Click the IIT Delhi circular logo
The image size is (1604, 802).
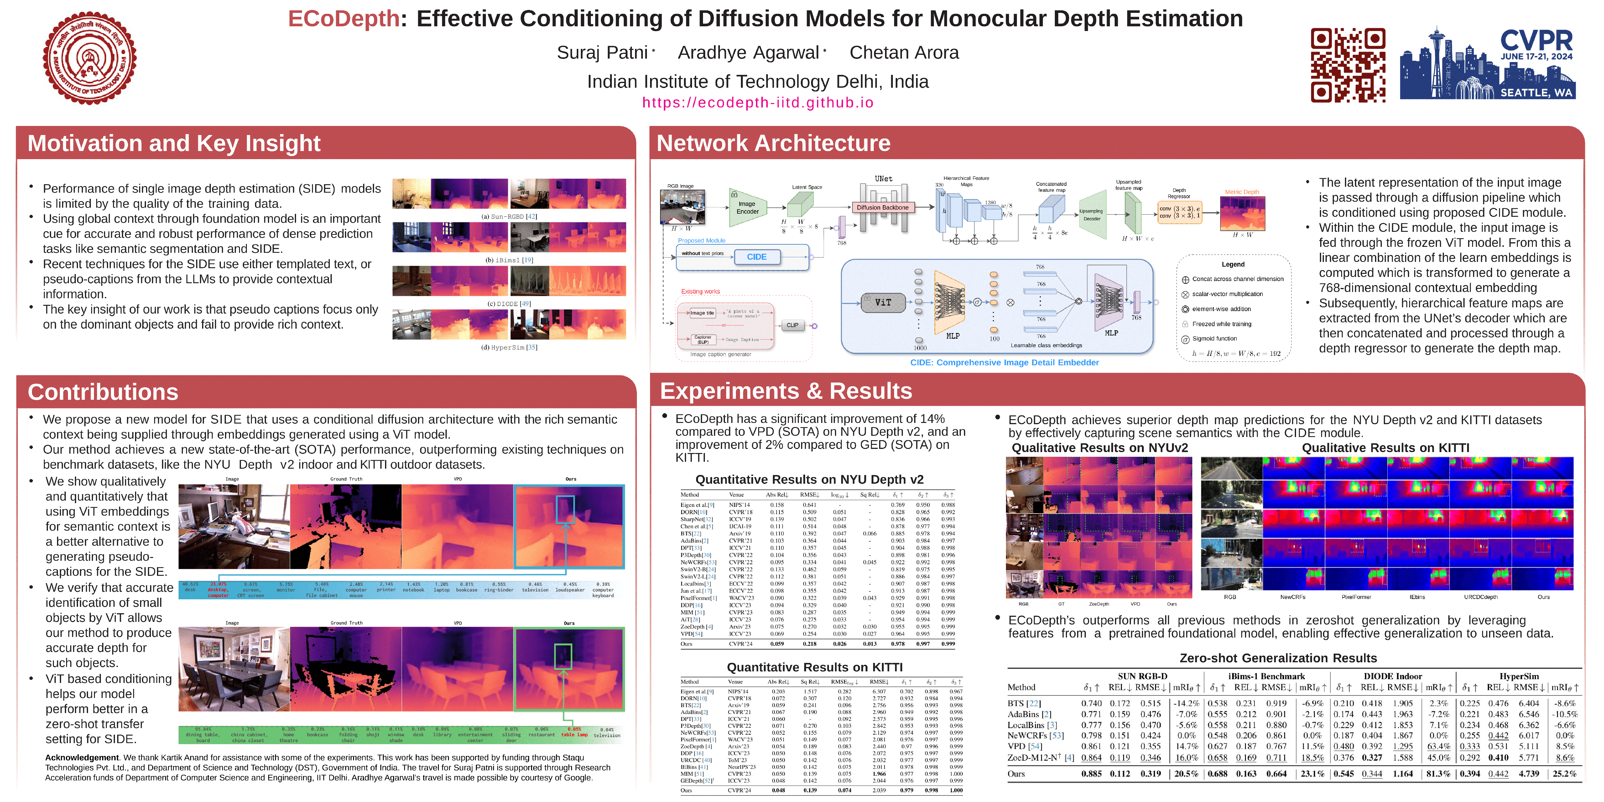[90, 59]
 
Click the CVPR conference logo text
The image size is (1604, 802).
[1536, 41]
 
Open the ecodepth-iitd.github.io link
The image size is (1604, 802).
[758, 103]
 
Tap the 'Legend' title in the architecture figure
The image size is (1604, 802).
[1233, 265]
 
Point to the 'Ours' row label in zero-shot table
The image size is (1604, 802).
[1016, 774]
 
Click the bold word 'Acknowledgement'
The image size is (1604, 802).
[81, 758]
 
